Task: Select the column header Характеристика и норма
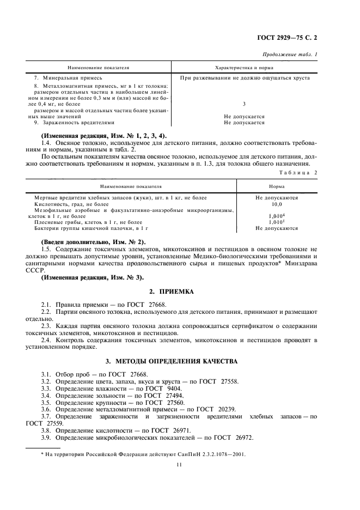(244, 68)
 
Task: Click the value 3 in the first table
(244, 104)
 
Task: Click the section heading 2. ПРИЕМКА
(179, 292)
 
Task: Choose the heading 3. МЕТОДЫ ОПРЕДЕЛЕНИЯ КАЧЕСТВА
(179, 362)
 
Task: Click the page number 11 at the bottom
(179, 464)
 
